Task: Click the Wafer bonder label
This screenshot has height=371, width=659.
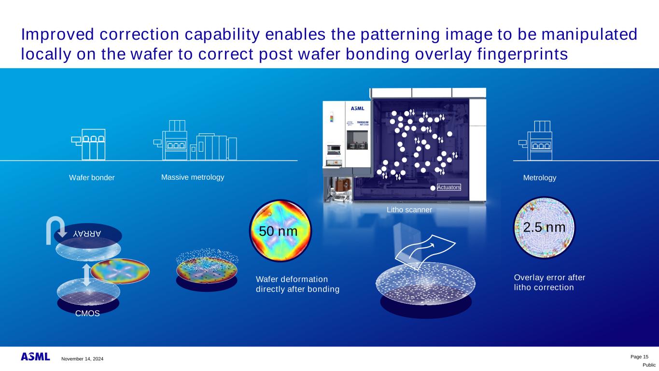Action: click(x=92, y=178)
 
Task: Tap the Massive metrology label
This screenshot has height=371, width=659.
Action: click(x=193, y=177)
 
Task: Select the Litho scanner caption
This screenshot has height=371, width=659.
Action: click(x=409, y=210)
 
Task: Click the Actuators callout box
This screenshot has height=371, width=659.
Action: click(x=449, y=187)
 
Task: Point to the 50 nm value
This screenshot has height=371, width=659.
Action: click(x=278, y=231)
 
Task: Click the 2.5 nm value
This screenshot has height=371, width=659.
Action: click(x=544, y=228)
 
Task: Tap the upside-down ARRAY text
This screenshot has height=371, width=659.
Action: click(x=87, y=234)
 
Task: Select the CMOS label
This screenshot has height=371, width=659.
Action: click(x=87, y=314)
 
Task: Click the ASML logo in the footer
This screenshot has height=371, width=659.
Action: click(x=35, y=357)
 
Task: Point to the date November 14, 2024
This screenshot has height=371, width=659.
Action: click(x=83, y=358)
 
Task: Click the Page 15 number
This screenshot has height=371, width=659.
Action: click(x=639, y=357)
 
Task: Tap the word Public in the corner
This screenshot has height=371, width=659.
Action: click(x=649, y=365)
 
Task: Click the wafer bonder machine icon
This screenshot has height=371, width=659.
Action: click(x=88, y=144)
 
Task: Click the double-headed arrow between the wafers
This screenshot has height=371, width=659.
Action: click(x=86, y=275)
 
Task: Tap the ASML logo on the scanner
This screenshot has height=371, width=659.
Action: click(x=357, y=108)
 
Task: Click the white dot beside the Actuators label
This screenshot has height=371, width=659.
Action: click(x=433, y=188)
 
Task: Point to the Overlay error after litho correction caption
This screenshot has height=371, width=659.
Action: click(x=549, y=283)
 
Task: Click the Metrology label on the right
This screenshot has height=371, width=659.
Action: click(x=540, y=178)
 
